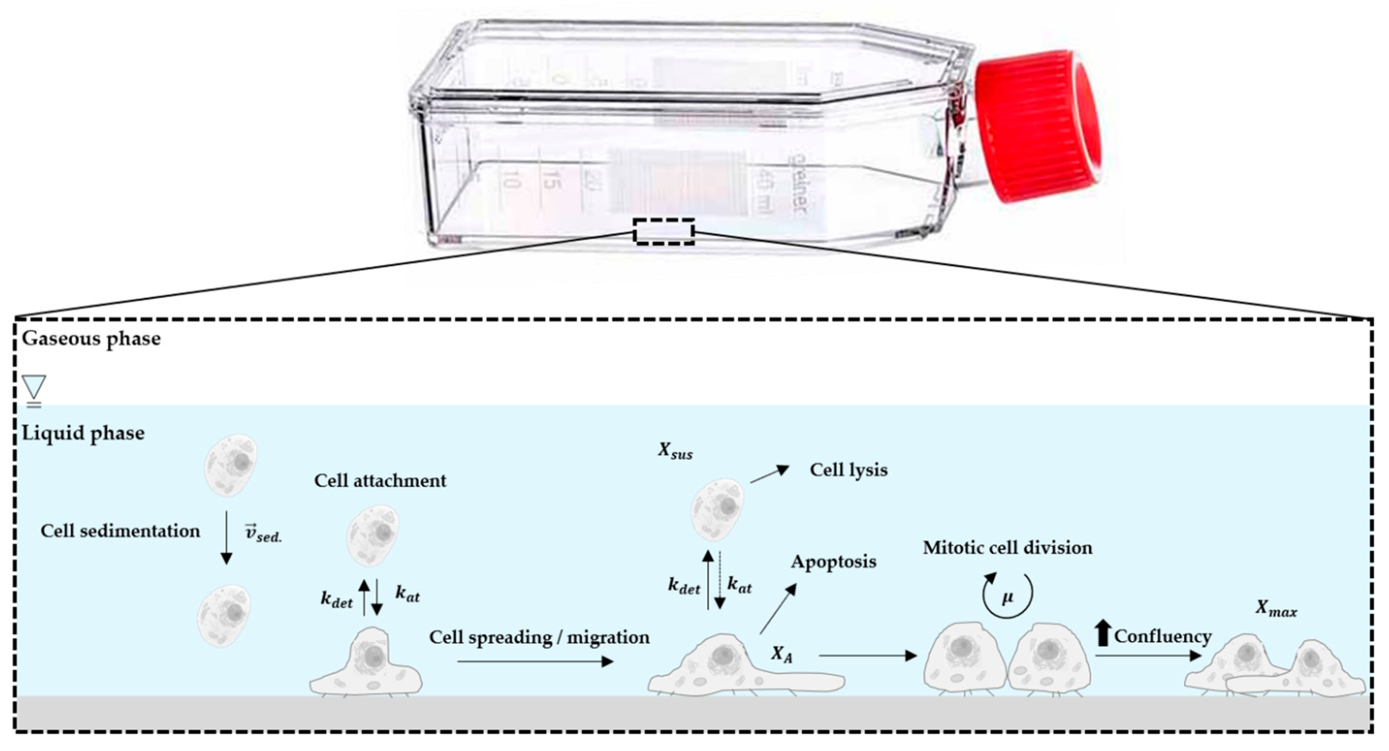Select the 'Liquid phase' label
pos(83,433)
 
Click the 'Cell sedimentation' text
pos(120,531)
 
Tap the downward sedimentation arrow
pos(226,537)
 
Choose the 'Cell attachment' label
pos(380,480)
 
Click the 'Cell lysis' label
pos(848,470)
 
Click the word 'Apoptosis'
pos(834,562)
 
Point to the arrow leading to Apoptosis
pos(778,609)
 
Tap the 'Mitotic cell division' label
pos(1007,548)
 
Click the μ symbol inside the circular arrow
pos(1007,598)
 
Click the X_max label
pos(1276,608)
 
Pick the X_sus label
pos(675,451)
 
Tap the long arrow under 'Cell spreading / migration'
pos(535,661)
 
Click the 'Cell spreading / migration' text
pos(539,637)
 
